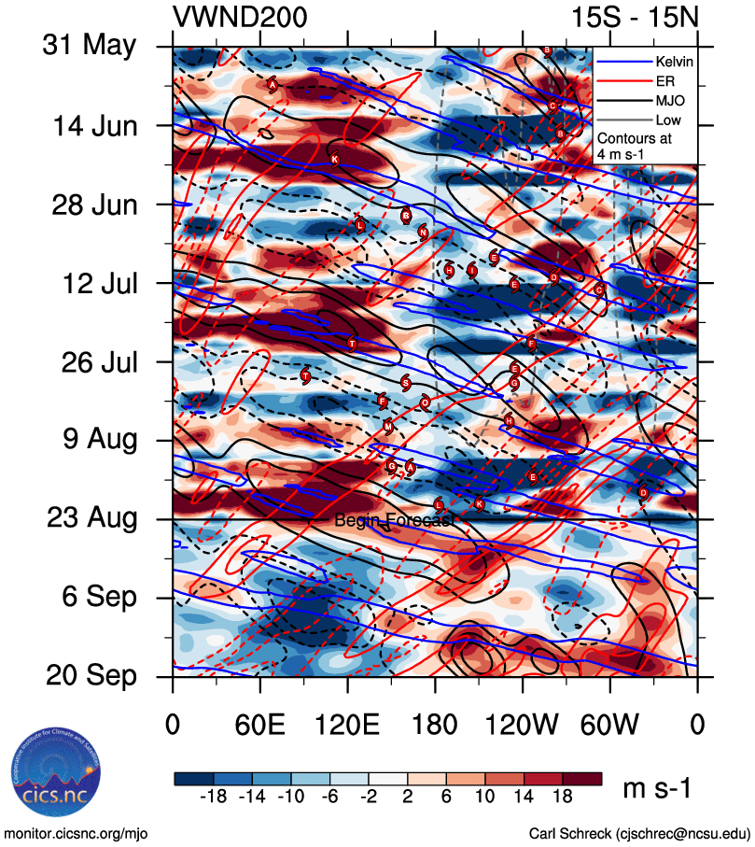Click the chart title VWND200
tap(240, 18)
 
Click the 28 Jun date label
tap(91, 204)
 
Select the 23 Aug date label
tap(90, 517)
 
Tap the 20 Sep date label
tap(90, 675)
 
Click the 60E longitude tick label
tap(260, 725)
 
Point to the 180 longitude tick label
tap(435, 725)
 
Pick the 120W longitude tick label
tap(523, 725)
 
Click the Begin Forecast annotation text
tap(395, 520)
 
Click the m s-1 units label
tap(657, 789)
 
